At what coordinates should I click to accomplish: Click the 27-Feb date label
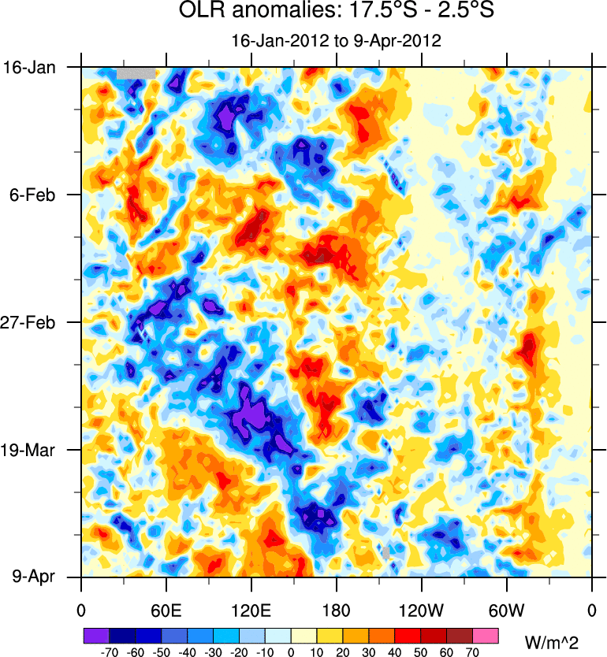(x=32, y=322)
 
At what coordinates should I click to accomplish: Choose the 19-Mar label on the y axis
(x=32, y=450)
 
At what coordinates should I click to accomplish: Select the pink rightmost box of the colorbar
(x=486, y=634)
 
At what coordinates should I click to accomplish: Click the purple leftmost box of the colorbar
(x=95, y=634)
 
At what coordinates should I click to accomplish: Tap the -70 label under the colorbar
(x=108, y=651)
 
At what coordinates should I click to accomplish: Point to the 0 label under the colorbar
(x=291, y=651)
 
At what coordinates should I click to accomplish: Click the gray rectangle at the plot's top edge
(x=136, y=73)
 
